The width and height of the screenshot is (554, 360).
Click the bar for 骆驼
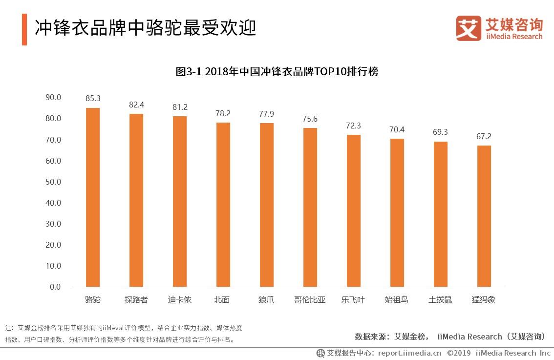[93, 197]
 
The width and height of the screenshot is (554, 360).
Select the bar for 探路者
[136, 200]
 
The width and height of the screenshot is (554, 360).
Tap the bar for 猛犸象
[484, 216]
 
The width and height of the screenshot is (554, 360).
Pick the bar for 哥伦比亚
[310, 208]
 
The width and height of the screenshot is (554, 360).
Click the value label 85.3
[93, 99]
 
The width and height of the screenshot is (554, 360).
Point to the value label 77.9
[266, 114]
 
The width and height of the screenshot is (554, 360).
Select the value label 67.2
[484, 137]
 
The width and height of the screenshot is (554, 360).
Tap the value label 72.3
[354, 126]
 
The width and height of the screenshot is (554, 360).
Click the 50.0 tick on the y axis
[53, 182]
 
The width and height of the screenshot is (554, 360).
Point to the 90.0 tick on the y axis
[53, 97]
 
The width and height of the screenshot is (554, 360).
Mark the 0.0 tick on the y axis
[55, 287]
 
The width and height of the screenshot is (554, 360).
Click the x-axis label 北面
[222, 300]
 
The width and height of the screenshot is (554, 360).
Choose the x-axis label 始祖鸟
[396, 300]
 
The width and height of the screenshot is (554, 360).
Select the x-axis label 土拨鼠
[440, 300]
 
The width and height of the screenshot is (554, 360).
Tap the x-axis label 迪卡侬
[179, 300]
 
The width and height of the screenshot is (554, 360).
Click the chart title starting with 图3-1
[277, 72]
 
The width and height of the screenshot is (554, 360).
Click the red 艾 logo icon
[468, 28]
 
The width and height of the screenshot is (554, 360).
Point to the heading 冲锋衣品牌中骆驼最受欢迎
[146, 28]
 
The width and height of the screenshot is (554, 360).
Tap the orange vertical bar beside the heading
[24, 29]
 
